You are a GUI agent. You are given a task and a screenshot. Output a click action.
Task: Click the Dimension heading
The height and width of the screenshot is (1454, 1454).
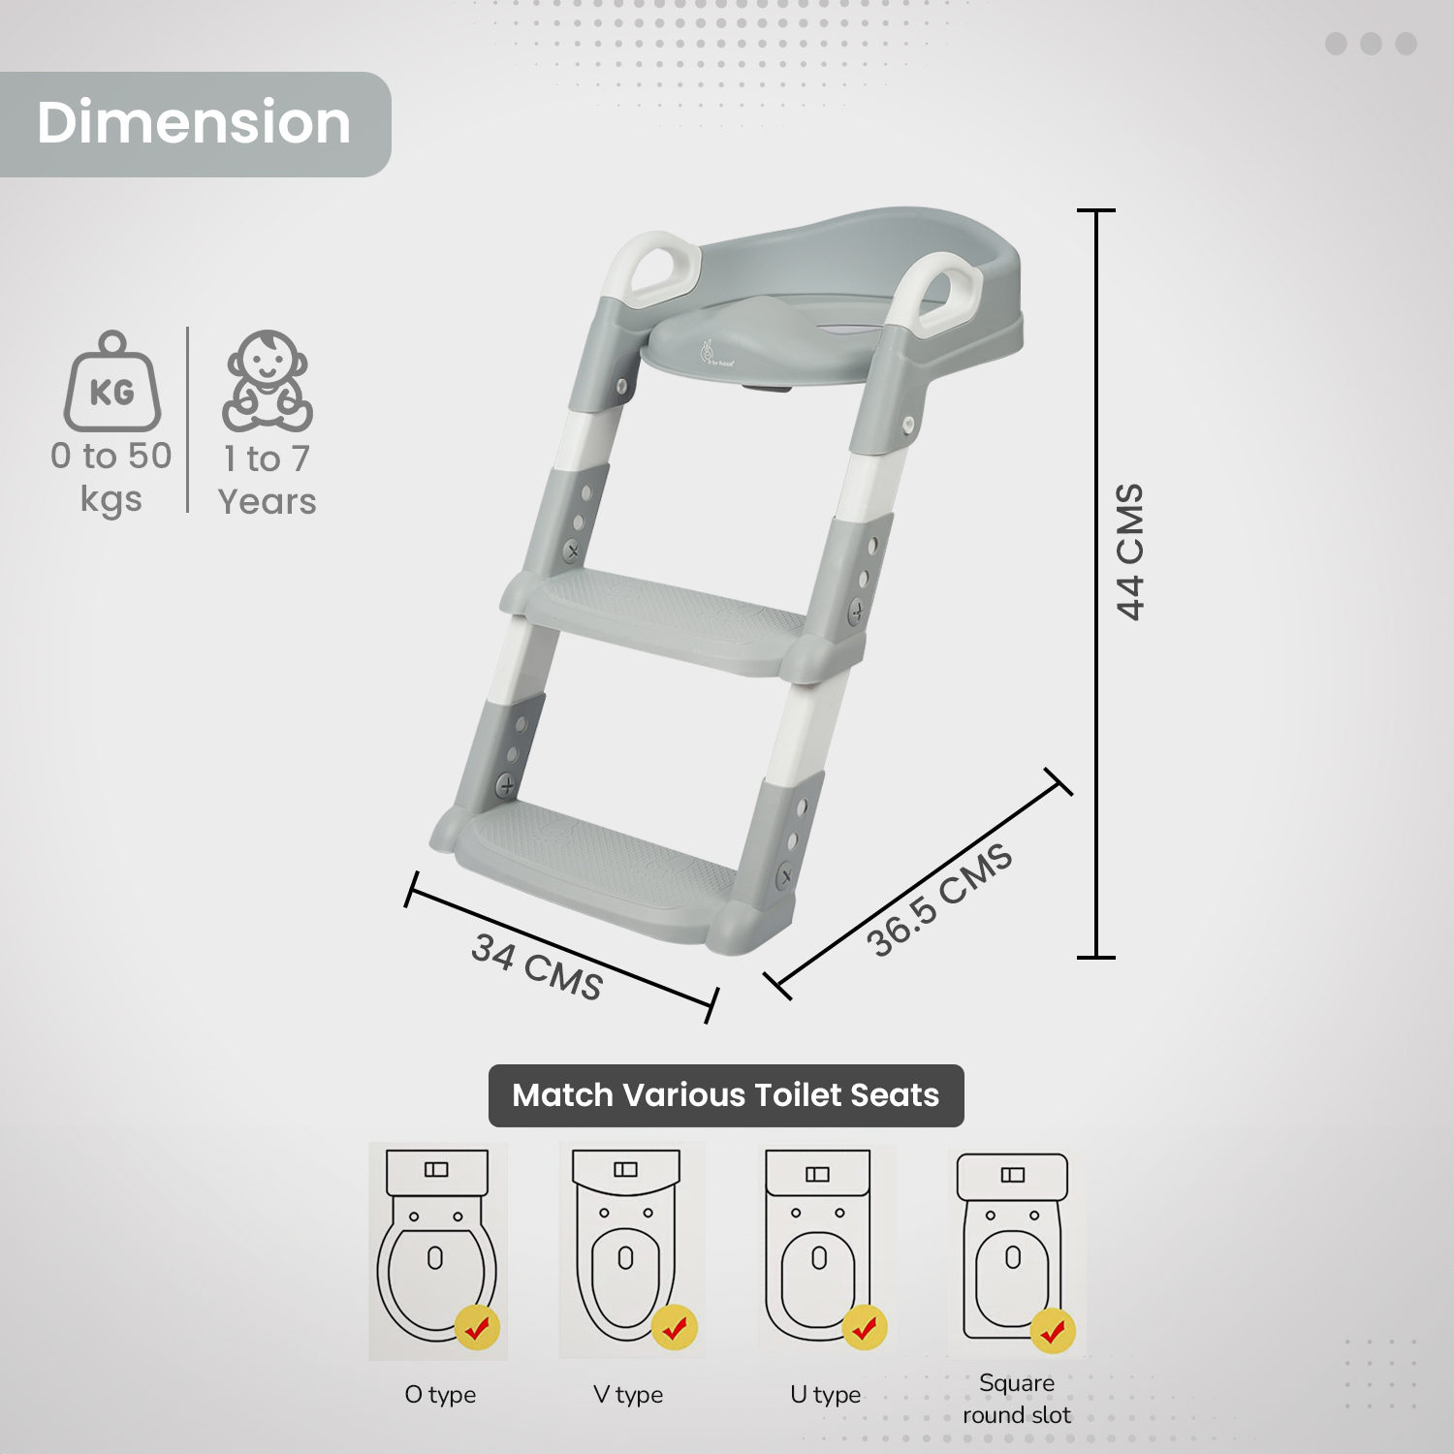click(194, 123)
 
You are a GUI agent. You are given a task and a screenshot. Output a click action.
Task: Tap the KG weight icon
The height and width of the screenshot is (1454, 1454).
click(112, 382)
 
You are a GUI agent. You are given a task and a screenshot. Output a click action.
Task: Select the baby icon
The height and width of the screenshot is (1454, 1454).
click(268, 381)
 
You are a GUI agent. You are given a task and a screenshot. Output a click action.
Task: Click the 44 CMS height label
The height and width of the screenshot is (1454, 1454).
click(1130, 552)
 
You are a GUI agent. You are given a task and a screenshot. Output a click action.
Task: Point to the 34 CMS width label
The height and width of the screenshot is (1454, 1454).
click(537, 965)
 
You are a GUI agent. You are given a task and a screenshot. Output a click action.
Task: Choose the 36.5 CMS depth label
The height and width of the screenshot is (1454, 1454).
click(939, 901)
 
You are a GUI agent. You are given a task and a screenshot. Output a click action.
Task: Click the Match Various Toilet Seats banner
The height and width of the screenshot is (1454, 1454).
click(726, 1095)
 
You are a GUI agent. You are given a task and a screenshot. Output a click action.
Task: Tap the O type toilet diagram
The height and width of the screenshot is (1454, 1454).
click(437, 1250)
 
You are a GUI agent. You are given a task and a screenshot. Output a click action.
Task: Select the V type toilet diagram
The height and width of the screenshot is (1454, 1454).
click(627, 1250)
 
